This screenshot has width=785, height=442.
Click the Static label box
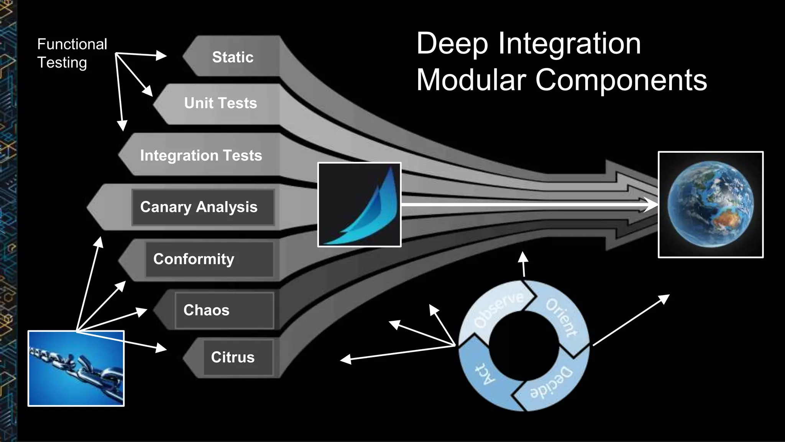232,57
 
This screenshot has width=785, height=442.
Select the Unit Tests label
220,103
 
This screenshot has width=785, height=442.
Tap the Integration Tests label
201,155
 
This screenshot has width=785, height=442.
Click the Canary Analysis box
203,207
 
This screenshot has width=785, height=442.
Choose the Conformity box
209,259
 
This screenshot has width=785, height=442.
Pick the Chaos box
224,310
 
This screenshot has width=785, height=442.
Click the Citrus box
238,357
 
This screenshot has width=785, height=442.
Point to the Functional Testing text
72,53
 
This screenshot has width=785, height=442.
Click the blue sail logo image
359,205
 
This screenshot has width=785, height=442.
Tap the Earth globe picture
710,205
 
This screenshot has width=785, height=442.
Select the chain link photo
76,368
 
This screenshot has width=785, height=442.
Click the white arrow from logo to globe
525,205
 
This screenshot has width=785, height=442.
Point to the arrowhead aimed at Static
161,56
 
